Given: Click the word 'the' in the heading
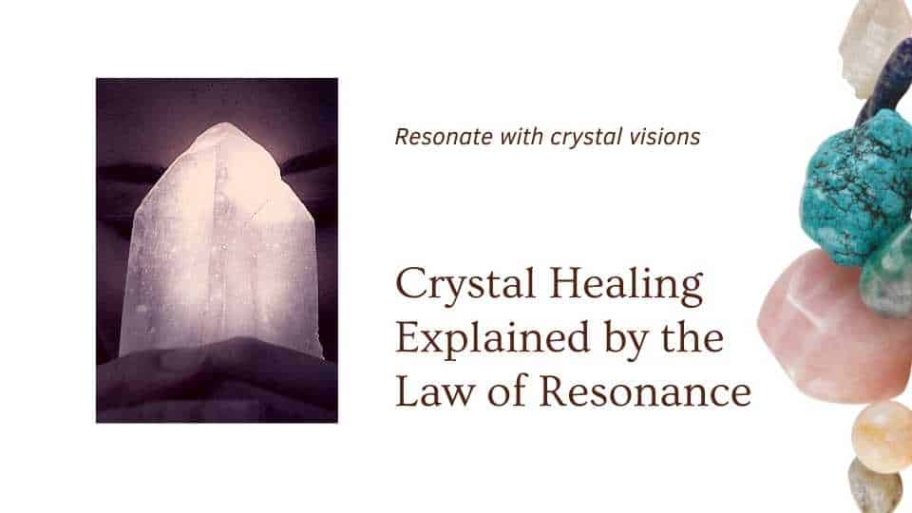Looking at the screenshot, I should click(693, 339).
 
